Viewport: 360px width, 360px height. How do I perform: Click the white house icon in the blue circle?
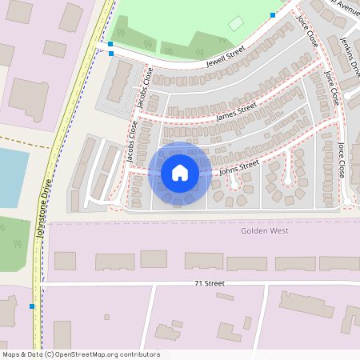180,172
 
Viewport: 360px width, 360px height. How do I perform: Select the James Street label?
236,111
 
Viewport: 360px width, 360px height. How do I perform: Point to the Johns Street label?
239,166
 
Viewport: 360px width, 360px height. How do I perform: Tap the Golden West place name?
264,230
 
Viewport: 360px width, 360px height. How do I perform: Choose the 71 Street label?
210,283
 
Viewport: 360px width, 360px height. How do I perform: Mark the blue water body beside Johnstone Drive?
11,176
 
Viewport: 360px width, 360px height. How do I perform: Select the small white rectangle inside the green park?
235,24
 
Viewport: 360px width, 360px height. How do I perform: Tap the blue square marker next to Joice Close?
273,14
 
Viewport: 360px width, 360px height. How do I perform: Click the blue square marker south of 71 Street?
32,306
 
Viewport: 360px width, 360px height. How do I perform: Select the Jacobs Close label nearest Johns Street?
132,142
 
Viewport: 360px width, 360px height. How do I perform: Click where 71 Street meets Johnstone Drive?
38,283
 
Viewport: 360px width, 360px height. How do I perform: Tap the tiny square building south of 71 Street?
106,317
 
